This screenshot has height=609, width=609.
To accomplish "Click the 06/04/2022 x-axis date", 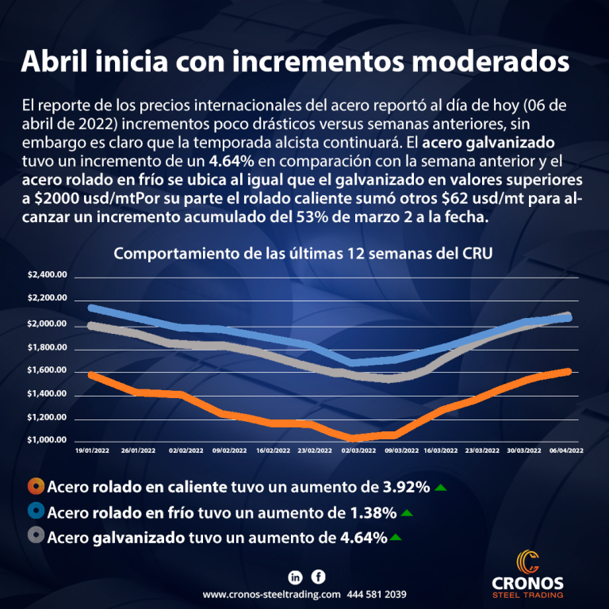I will click(568, 450).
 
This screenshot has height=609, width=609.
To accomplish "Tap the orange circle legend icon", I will click(35, 486).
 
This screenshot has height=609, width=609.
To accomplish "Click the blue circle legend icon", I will click(35, 511).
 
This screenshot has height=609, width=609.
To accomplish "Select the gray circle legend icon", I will click(35, 537).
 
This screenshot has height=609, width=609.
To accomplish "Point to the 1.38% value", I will click(373, 511).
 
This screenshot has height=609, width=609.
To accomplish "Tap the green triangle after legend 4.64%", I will click(396, 538).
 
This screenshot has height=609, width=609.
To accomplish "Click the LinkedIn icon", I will click(296, 576).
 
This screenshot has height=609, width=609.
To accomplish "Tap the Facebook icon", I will click(318, 576).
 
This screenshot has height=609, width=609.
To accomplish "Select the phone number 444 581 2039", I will click(377, 594).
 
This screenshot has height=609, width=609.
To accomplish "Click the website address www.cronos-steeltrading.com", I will click(271, 594).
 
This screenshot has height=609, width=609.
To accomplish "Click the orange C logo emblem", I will click(527, 561).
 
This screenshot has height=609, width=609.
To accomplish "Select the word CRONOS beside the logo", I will click(527, 583).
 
